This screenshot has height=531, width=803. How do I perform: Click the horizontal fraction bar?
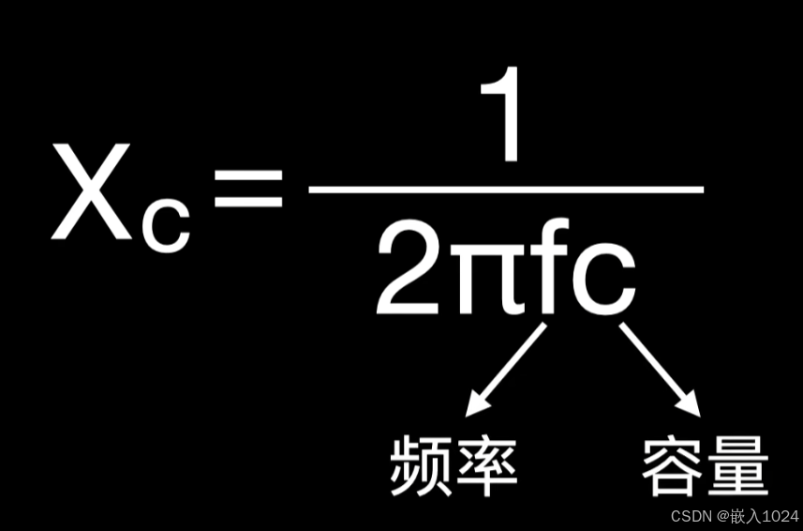coord(506,189)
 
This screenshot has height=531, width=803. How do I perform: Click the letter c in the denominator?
coord(603,280)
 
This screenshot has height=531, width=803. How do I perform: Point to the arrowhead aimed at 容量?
coord(688,403)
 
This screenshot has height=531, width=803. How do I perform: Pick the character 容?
coord(673,464)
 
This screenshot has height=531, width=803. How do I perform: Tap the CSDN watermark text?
coord(691,516)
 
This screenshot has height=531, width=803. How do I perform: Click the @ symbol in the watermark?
coord(722,516)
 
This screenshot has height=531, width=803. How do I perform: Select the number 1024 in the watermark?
coord(780,516)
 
